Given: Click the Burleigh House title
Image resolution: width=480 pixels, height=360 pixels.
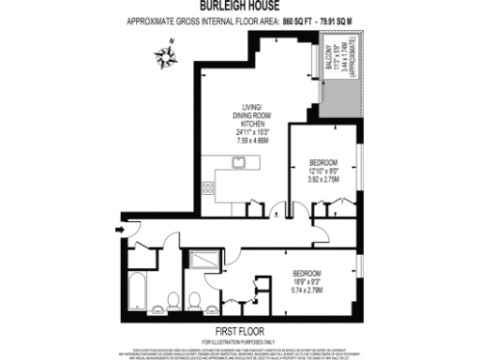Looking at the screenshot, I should pyautogui.click(x=240, y=7).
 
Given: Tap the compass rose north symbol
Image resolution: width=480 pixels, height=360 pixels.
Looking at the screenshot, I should pyautogui.click(x=166, y=55).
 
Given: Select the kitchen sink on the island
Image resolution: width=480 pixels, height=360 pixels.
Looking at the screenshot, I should pyautogui.click(x=238, y=161).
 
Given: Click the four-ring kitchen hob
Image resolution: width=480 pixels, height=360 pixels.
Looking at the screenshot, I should pyautogui.click(x=207, y=187).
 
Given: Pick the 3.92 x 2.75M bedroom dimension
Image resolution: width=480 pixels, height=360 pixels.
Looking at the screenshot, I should pyautogui.click(x=324, y=178).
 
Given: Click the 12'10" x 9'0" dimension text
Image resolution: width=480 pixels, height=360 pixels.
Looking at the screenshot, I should pyautogui.click(x=324, y=170).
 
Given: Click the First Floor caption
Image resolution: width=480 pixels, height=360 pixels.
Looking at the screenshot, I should pyautogui.click(x=239, y=331).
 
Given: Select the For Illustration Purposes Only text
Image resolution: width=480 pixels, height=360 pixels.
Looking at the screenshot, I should pyautogui.click(x=239, y=339).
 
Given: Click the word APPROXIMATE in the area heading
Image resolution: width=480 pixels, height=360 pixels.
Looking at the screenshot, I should pyautogui.click(x=154, y=20).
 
